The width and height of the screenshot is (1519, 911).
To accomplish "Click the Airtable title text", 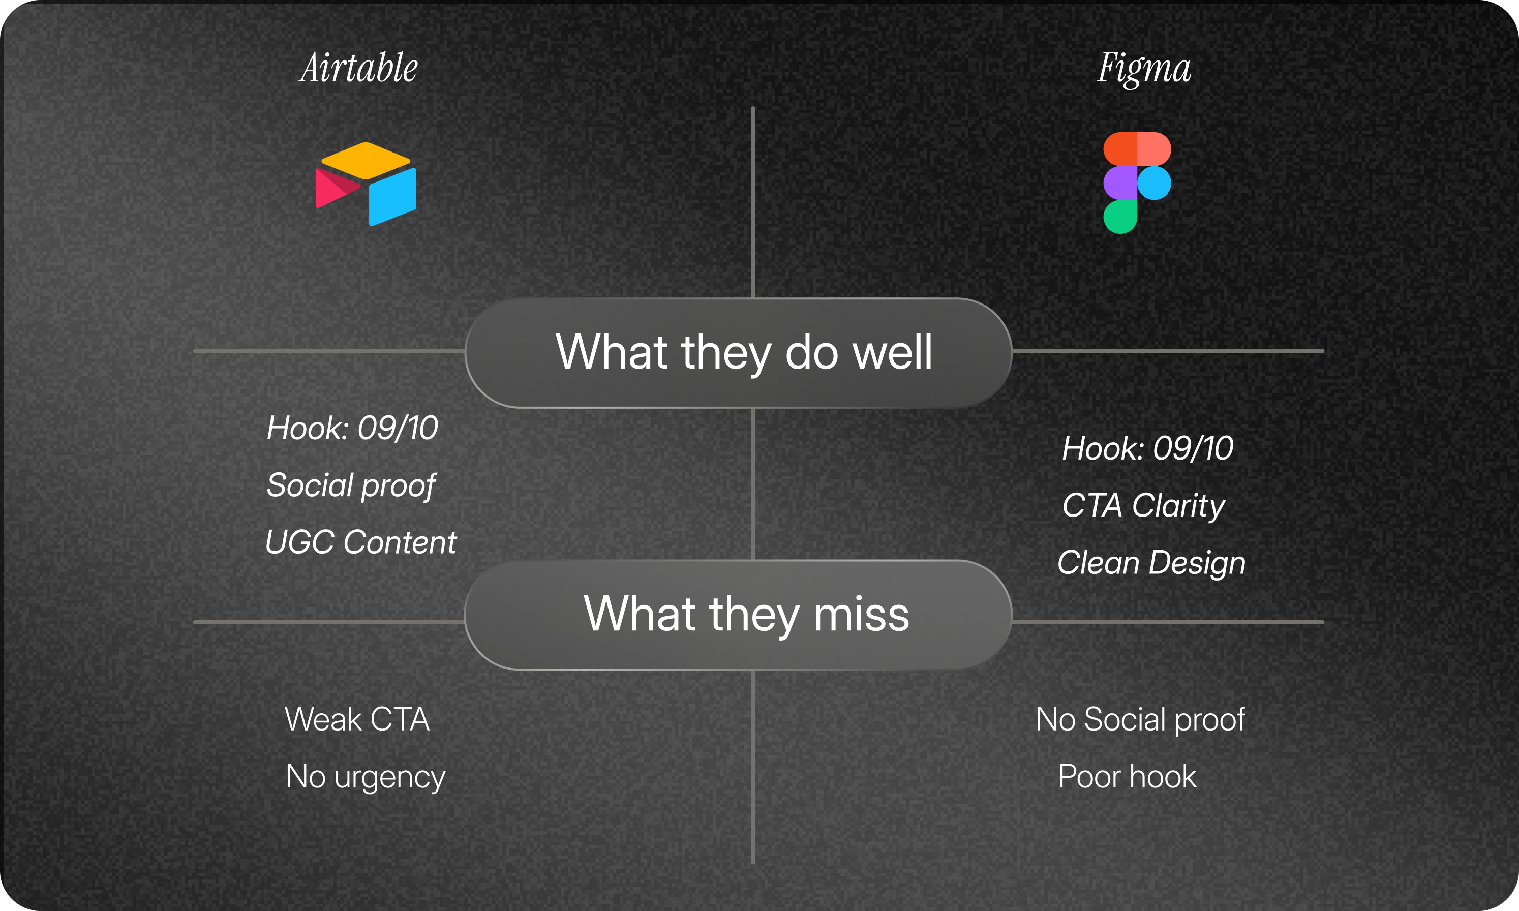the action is [x=359, y=68].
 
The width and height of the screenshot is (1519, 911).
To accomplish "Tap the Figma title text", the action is [x=1145, y=69].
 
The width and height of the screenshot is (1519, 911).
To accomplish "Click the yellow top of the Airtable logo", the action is [x=366, y=160].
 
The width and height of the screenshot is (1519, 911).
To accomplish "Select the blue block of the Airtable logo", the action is [x=393, y=196].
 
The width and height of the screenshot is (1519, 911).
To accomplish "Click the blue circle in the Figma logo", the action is [x=1155, y=183].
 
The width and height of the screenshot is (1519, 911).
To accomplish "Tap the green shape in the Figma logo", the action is [x=1120, y=217].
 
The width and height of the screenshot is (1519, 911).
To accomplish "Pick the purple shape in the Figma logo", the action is [x=1120, y=183].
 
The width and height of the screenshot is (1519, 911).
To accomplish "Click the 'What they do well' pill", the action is [x=738, y=353].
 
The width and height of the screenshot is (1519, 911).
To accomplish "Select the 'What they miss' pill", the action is [x=738, y=615].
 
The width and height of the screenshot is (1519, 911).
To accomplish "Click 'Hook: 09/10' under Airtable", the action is [x=352, y=428].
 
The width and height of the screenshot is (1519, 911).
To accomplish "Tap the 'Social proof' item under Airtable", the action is [x=351, y=485].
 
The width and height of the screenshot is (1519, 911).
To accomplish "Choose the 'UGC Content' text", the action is [x=361, y=542].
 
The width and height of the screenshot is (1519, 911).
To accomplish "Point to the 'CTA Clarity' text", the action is [x=1144, y=506].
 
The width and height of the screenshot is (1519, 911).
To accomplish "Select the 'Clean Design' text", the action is [x=1151, y=563].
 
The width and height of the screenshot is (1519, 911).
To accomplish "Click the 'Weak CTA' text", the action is [x=357, y=719].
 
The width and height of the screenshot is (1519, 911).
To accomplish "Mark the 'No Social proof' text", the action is [x=1141, y=719].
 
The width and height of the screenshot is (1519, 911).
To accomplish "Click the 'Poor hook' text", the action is [x=1128, y=777].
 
